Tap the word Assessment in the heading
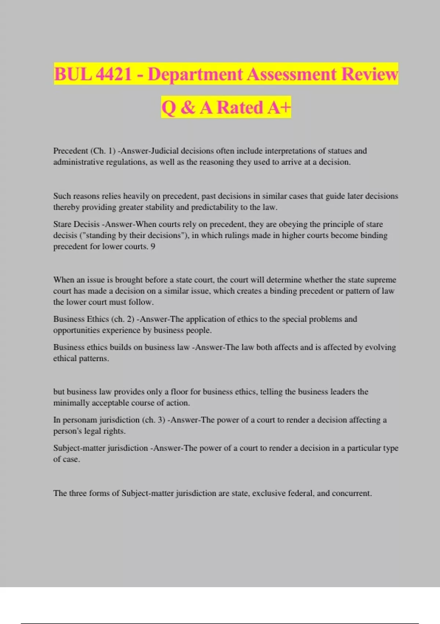click(x=291, y=74)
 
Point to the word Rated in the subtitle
click(x=240, y=108)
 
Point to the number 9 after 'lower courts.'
click(x=153, y=247)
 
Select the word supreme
click(x=381, y=280)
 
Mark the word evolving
click(x=381, y=348)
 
